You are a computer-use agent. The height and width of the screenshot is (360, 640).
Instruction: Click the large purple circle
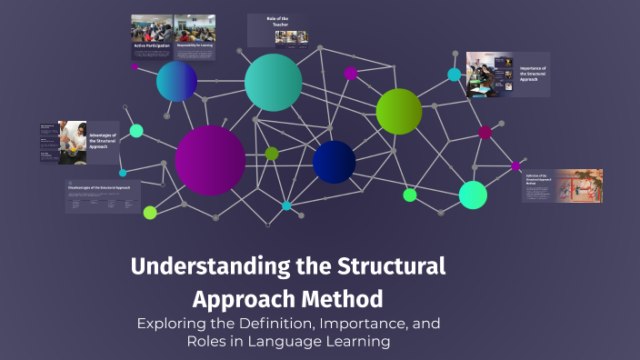(x=210, y=160)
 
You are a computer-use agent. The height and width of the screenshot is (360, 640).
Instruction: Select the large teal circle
(x=273, y=83)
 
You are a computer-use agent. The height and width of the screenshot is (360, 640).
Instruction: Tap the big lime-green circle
(x=399, y=111)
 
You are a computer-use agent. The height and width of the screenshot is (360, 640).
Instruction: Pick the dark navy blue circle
(x=334, y=162)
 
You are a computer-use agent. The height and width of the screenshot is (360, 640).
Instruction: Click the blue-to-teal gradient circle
(x=176, y=82)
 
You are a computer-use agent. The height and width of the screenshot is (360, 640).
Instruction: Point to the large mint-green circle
(x=473, y=195)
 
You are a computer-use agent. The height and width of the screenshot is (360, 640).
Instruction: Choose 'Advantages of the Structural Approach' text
(x=103, y=140)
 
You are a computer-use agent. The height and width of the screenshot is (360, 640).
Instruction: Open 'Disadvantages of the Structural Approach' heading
(x=102, y=186)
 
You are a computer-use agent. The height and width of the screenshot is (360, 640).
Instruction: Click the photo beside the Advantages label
(x=72, y=142)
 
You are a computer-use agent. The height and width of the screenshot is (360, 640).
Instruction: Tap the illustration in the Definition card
(x=581, y=185)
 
